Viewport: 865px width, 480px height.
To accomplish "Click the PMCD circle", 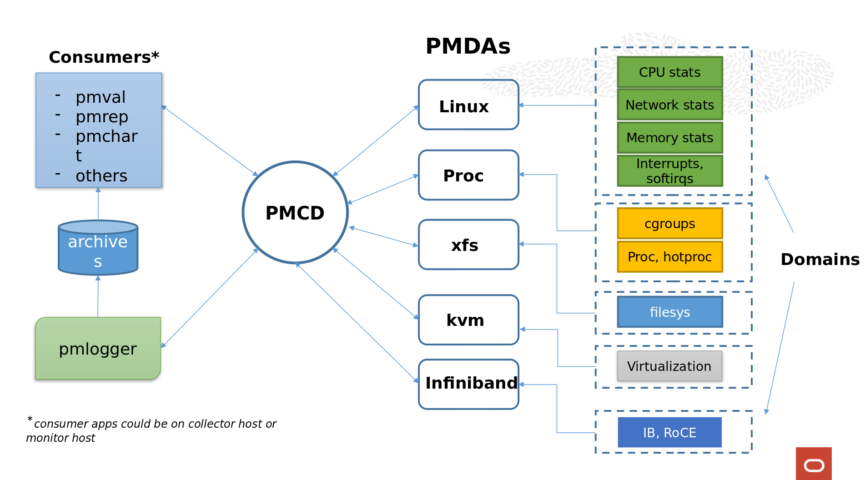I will point(295,212).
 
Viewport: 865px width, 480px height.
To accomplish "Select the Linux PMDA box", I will point(468,105).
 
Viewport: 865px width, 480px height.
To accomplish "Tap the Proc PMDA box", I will point(468,175).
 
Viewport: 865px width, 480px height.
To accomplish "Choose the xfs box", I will point(468,245).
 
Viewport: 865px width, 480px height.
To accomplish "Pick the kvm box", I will point(468,320).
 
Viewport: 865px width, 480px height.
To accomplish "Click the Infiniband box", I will point(468,384).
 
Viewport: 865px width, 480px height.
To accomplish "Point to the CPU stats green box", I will point(669,72).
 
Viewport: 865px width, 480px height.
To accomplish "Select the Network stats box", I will point(669,105).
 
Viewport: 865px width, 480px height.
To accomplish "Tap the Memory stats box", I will point(669,137).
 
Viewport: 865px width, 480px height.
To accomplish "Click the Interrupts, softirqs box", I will point(669,170).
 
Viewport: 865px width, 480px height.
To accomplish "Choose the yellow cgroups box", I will point(669,224).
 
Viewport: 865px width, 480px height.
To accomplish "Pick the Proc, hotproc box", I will point(669,257).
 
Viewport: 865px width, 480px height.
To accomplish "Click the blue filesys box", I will point(669,312).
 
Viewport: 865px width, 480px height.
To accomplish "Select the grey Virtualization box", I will point(669,366).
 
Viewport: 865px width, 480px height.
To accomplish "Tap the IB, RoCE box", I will point(669,432).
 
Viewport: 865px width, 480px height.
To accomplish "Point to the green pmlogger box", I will point(98,349).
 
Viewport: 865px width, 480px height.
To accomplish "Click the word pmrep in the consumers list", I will point(102,117).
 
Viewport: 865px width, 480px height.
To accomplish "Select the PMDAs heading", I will point(468,46).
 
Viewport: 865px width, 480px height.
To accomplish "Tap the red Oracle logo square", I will point(814,464).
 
